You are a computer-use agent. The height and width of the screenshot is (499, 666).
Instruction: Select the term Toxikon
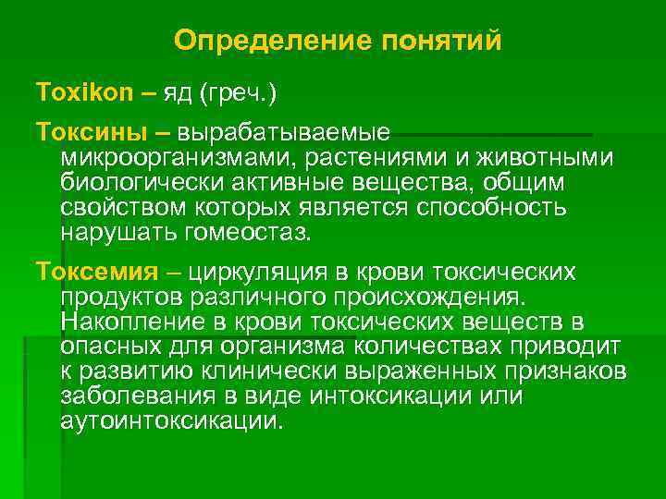(73, 92)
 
